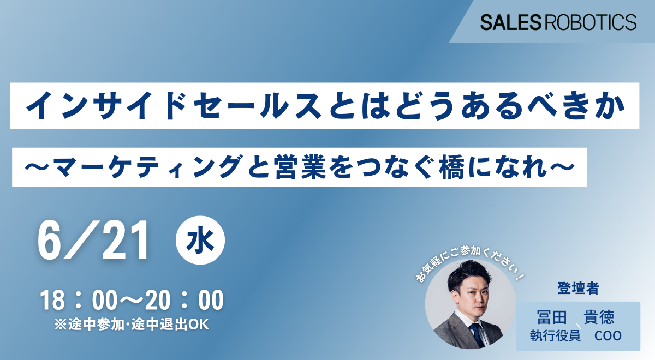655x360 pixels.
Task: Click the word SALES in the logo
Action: pyautogui.click(x=510, y=22)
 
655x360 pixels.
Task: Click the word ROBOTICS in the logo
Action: pyautogui.click(x=591, y=22)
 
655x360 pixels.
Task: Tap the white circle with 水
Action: pyautogui.click(x=200, y=240)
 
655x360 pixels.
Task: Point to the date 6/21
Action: pyautogui.click(x=93, y=240)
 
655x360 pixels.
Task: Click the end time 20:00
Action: pyautogui.click(x=184, y=300)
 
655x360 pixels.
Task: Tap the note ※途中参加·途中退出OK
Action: pyautogui.click(x=132, y=325)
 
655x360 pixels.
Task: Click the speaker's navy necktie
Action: pyautogui.click(x=477, y=334)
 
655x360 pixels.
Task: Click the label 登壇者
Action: pyautogui.click(x=579, y=288)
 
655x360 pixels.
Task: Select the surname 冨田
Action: pyautogui.click(x=552, y=317)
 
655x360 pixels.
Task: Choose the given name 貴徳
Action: pyautogui.click(x=599, y=317)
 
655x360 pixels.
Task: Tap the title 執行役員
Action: pyautogui.click(x=555, y=336)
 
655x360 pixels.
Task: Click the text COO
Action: pyautogui.click(x=608, y=336)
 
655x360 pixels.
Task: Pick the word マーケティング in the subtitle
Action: pyautogui.click(x=147, y=167)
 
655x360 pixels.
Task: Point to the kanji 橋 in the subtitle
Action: pyautogui.click(x=452, y=167)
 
